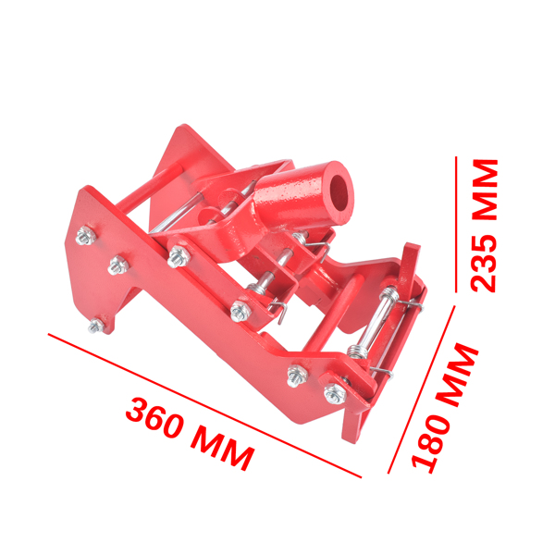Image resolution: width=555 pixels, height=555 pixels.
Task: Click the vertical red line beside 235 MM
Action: click(x=455, y=223)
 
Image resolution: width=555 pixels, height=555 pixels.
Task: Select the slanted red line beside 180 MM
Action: click(x=422, y=389)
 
